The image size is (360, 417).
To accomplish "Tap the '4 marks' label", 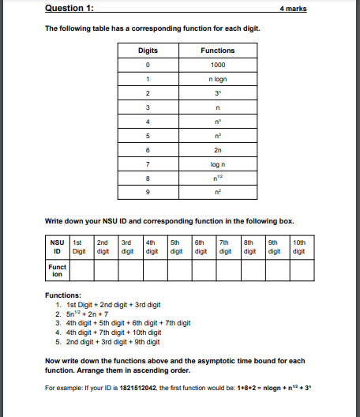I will [x=293, y=9].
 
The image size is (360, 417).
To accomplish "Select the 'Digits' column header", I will [x=148, y=51].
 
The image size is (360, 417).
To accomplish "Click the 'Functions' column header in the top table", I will [x=218, y=51].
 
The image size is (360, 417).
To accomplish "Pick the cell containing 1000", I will [x=218, y=65].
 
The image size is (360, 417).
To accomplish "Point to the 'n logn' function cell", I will [x=218, y=79].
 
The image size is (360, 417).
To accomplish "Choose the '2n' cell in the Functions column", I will [x=218, y=150].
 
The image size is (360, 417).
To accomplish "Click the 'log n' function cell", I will [x=218, y=164].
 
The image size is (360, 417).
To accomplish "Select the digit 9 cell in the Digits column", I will [x=148, y=193].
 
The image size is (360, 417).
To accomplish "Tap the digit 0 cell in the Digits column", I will [x=148, y=65].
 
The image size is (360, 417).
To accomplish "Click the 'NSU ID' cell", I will [x=57, y=247].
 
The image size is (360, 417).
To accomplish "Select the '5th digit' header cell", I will [x=179, y=247].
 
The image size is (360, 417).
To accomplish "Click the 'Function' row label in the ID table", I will [x=57, y=271].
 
